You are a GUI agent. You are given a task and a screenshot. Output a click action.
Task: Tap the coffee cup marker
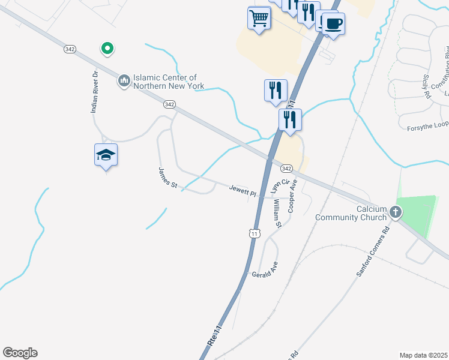tap(334, 24)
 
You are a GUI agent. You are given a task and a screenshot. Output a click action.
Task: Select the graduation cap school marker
tap(106, 155)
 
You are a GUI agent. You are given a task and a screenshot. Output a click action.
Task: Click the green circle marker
tap(107, 48)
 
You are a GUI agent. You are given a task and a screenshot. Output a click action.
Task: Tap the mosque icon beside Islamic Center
tap(124, 80)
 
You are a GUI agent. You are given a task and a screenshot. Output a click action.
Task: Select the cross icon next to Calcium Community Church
tap(396, 212)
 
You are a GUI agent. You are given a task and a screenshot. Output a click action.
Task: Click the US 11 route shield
tap(256, 233)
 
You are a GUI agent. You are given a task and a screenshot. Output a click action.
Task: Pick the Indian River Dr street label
tap(94, 92)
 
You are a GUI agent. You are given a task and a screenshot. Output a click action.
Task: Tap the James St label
tap(167, 178)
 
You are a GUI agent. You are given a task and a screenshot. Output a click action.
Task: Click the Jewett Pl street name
tap(243, 191)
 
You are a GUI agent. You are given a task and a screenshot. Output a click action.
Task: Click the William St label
tap(276, 211)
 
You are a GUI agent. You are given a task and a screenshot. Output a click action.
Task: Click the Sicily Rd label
tap(427, 85)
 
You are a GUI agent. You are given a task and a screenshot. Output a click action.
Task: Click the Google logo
tap(20, 353)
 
